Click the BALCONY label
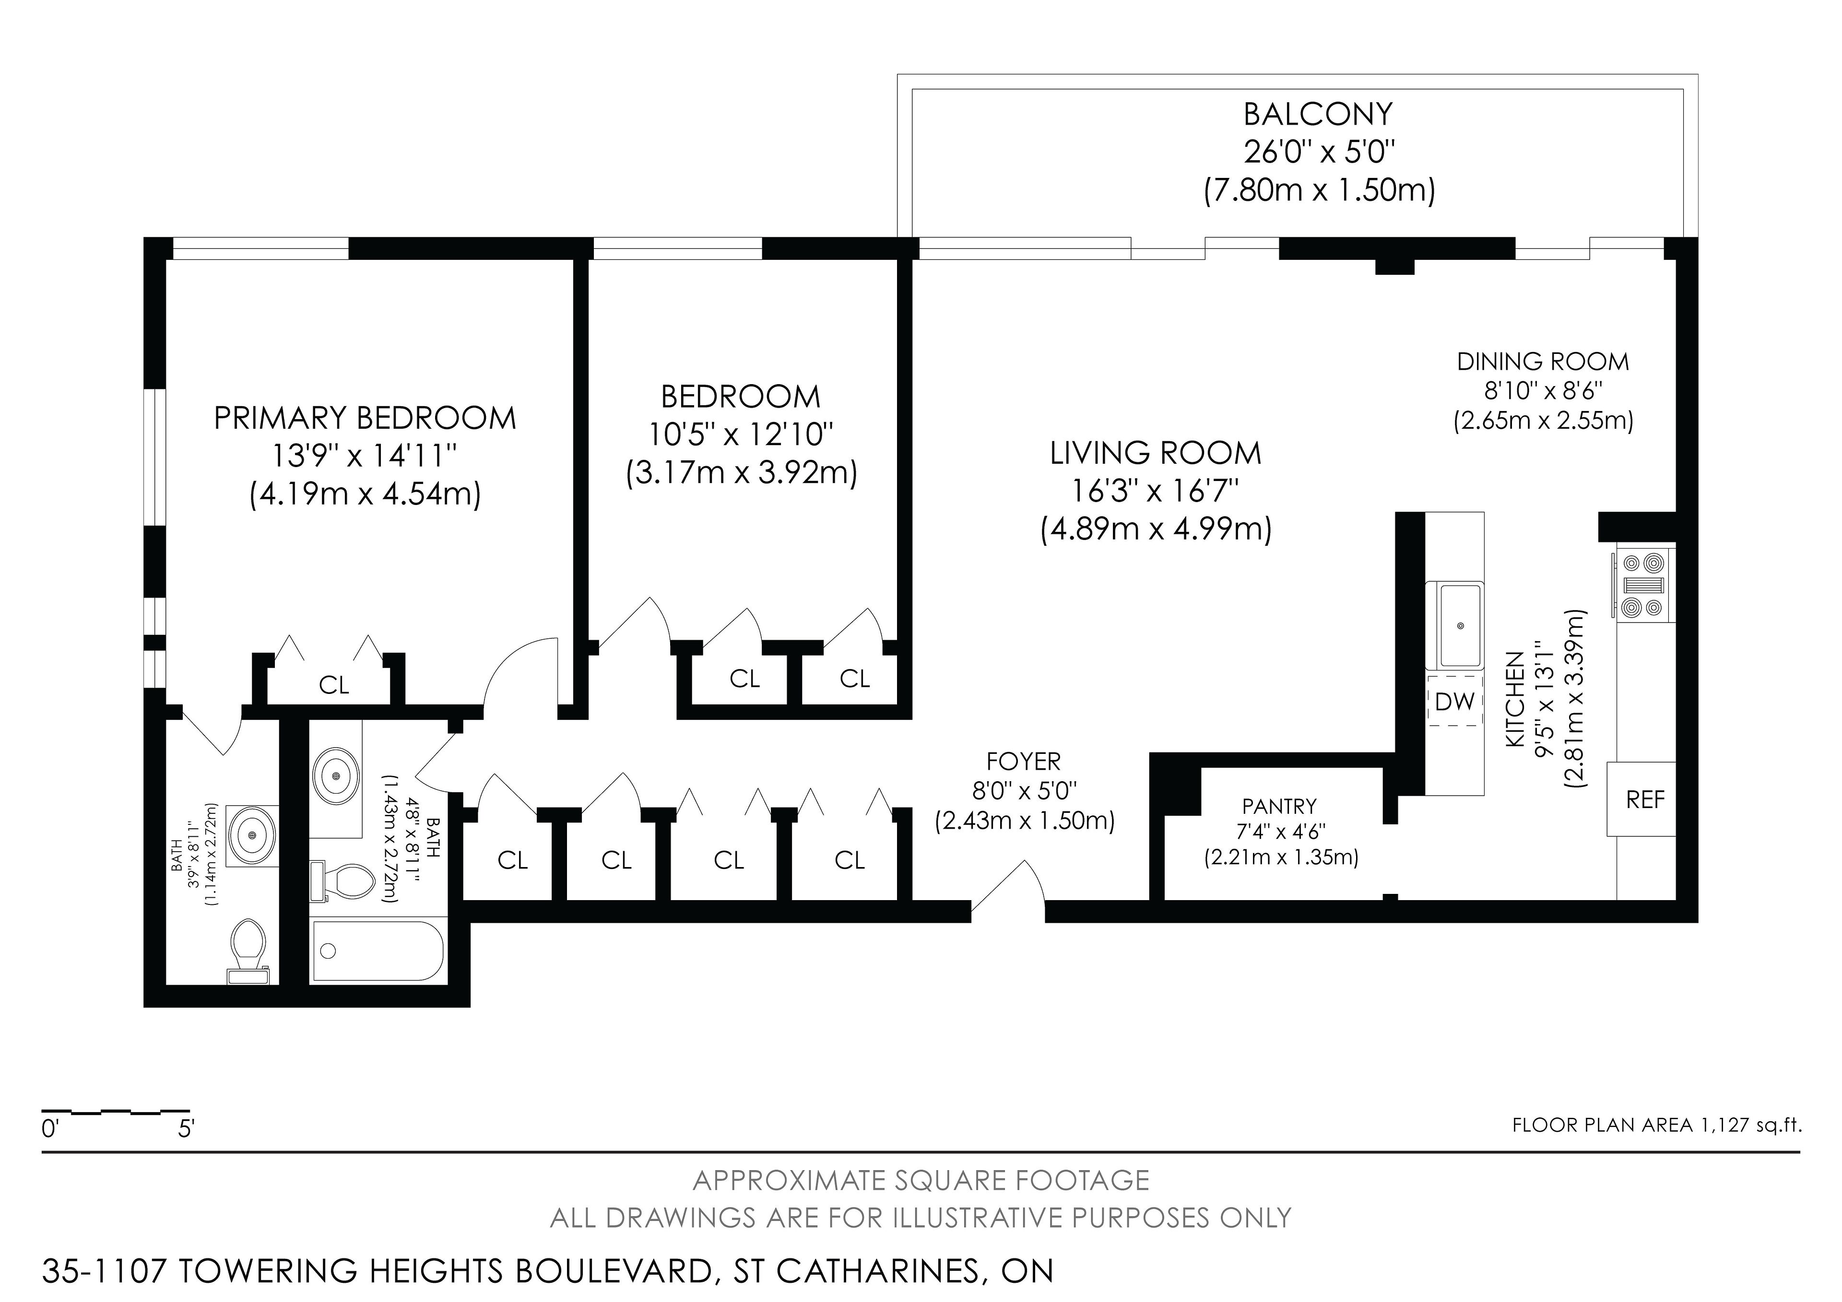(1318, 114)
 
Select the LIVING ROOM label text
(1155, 453)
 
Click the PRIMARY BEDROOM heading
(365, 418)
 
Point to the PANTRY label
(1280, 806)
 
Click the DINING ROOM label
(1543, 362)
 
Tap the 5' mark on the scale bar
(186, 1129)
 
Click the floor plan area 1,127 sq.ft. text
(1657, 1125)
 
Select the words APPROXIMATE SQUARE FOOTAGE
(921, 1181)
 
